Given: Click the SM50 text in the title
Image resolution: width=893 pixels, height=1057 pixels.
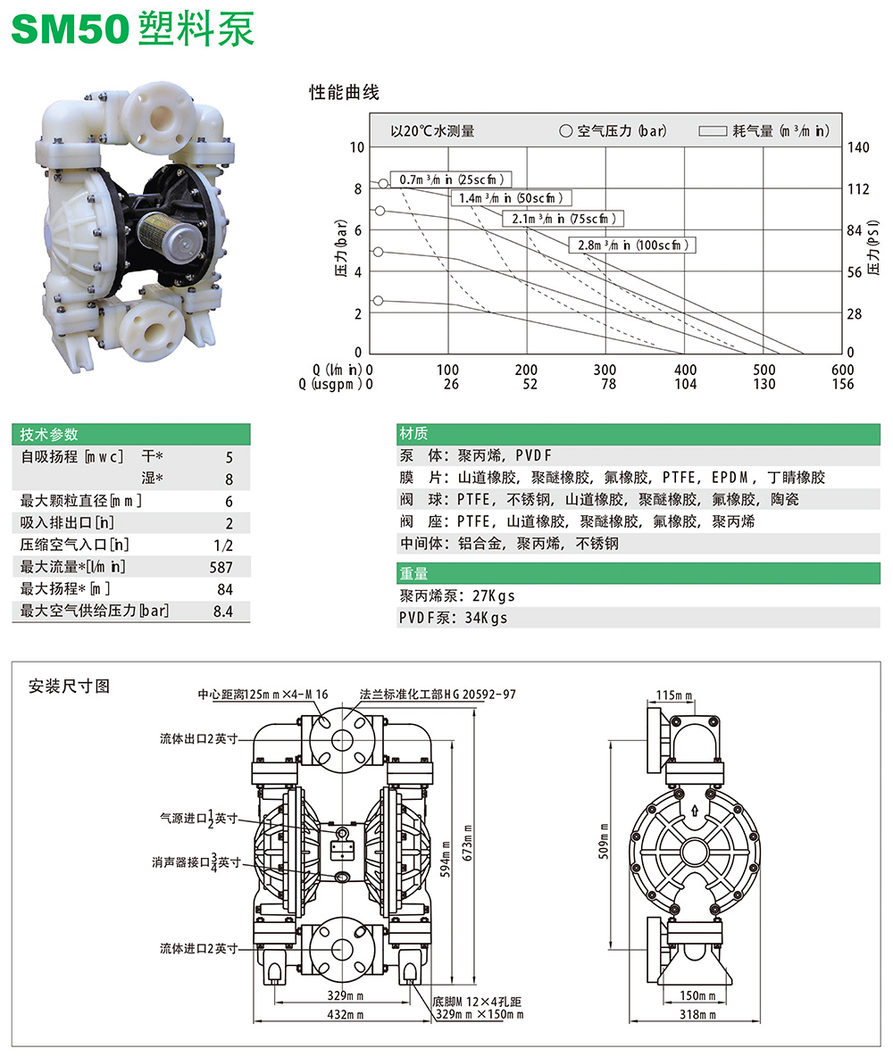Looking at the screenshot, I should (69, 29).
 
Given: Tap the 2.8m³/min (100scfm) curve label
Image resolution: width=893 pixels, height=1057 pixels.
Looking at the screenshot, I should (632, 245).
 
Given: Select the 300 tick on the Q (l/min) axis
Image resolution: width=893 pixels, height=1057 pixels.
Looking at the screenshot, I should (605, 370).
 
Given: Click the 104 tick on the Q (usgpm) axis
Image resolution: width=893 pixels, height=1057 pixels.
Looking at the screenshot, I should (685, 384).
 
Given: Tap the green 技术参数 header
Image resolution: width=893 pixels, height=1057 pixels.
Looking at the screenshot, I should (50, 434).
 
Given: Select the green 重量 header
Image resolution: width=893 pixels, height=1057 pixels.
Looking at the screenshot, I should (414, 574).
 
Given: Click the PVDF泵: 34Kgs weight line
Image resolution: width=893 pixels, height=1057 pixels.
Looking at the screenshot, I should (453, 618).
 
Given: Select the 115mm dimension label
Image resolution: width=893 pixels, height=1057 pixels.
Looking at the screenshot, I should (675, 694).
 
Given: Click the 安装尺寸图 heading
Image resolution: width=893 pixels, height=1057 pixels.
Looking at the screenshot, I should (69, 687).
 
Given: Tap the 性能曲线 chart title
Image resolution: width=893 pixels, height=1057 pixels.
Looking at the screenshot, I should (344, 93).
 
